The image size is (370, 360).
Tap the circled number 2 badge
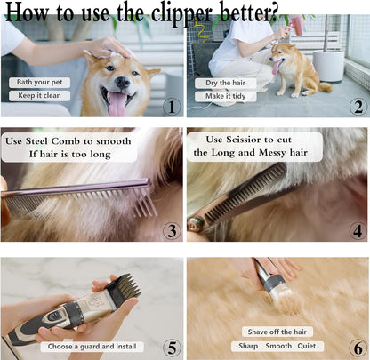pyautogui.click(x=356, y=106)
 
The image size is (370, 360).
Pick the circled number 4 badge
pyautogui.click(x=357, y=230)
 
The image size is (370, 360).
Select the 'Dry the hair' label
pyautogui.click(x=222, y=83)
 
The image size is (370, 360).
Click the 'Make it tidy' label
pyautogui.click(x=222, y=96)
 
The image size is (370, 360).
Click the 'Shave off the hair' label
pyautogui.click(x=271, y=331)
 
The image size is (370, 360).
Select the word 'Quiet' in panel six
pyautogui.click(x=310, y=345)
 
